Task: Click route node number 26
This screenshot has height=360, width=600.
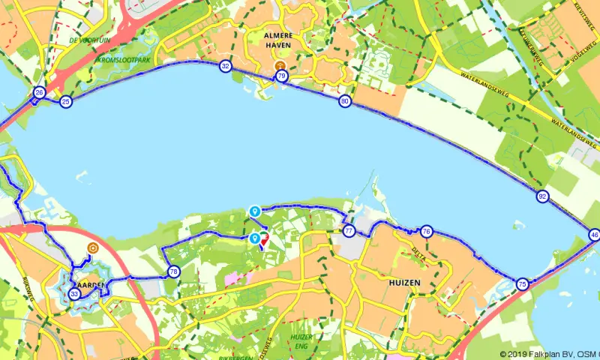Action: [39, 93]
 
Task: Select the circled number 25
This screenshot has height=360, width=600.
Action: [66, 101]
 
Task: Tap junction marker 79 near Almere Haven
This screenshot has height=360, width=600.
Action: [281, 76]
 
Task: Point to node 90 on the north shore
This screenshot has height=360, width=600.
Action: [344, 101]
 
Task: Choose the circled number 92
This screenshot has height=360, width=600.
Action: [542, 196]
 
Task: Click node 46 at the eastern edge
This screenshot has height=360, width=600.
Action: [595, 235]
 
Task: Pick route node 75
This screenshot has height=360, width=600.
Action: [522, 283]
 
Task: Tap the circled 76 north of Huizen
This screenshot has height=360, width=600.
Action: [426, 231]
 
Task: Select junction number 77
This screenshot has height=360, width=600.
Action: [349, 231]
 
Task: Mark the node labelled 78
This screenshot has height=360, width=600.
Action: [173, 271]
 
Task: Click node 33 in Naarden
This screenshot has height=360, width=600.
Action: [74, 294]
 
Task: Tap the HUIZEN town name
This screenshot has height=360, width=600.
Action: [405, 283]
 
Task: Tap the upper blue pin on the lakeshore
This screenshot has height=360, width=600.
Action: [255, 212]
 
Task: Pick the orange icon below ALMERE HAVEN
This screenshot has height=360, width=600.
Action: [280, 65]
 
